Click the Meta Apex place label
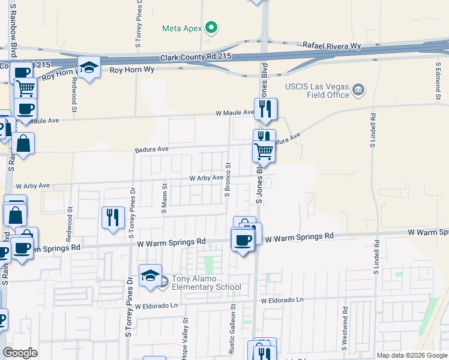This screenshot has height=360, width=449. pos(182,28)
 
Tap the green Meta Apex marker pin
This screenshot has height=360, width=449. pos(211,28)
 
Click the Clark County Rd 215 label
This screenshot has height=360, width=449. pos(196,57)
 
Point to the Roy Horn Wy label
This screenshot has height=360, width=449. pos(132,70)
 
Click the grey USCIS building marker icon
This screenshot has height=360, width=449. pos(358,91)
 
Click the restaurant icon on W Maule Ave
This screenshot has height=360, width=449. pos(265,109)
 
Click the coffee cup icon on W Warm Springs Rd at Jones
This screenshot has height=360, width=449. pos(243,241)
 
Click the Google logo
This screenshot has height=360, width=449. pos(20,352)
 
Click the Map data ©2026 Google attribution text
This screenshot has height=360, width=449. pos(411,355)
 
